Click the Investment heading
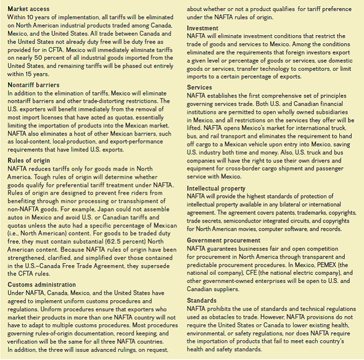(x=202, y=28)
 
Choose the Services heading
(x=199, y=88)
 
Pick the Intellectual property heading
(x=215, y=189)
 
